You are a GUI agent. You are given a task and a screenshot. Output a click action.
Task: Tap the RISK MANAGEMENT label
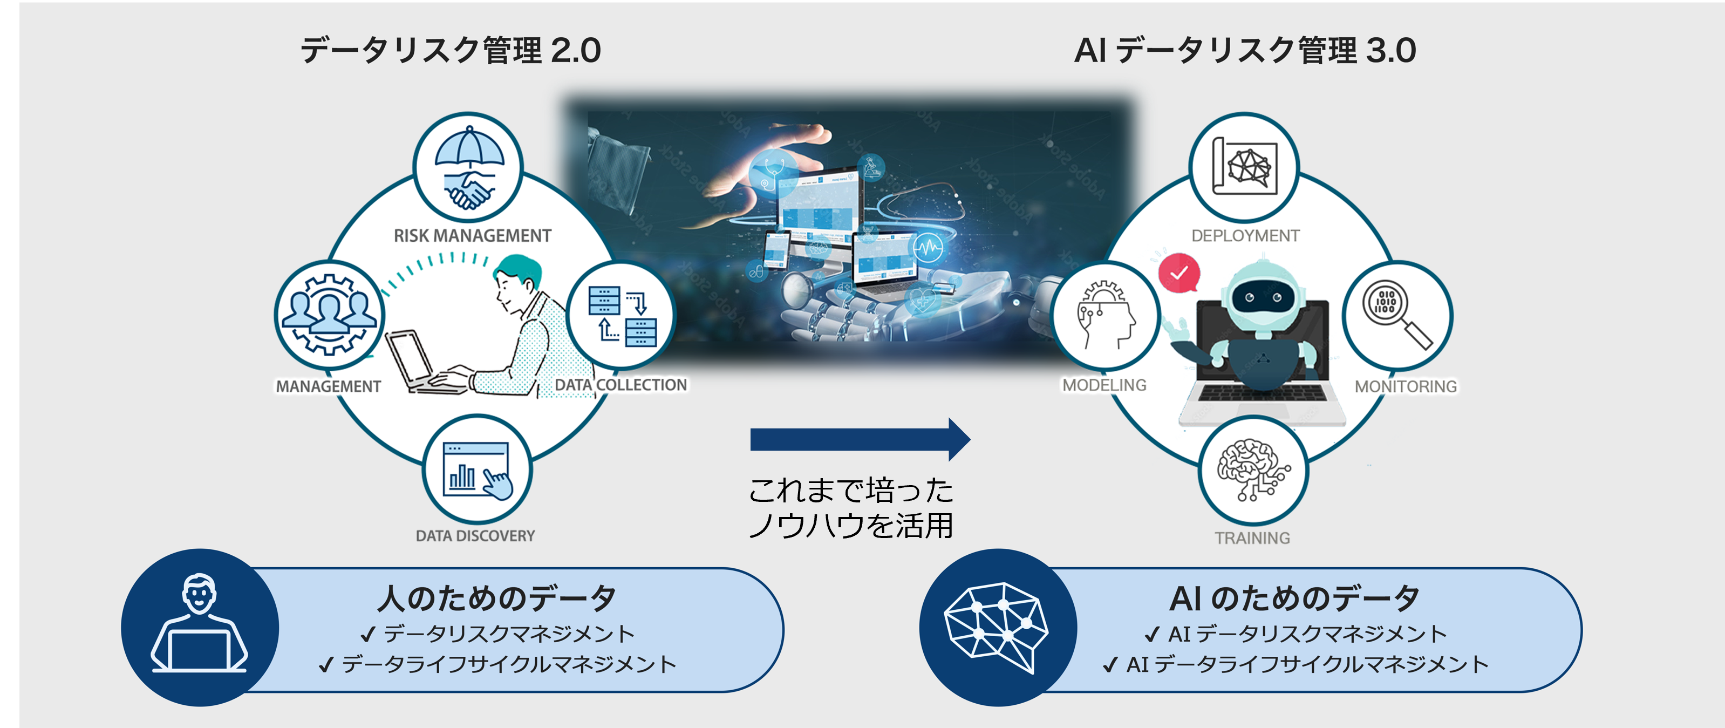[x=472, y=236]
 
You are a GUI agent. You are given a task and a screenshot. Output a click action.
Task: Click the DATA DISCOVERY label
[x=475, y=536]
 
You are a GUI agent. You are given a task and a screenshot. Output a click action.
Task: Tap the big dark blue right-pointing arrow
[x=860, y=439]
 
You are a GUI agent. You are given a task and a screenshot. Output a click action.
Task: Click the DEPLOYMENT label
[x=1245, y=236]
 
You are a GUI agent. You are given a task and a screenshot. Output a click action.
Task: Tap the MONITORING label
[x=1406, y=386]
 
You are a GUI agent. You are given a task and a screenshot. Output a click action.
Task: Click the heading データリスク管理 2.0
[x=451, y=51]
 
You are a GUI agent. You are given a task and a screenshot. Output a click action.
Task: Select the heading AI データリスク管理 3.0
[x=1245, y=51]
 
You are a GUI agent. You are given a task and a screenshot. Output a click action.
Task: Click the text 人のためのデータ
[x=496, y=598]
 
